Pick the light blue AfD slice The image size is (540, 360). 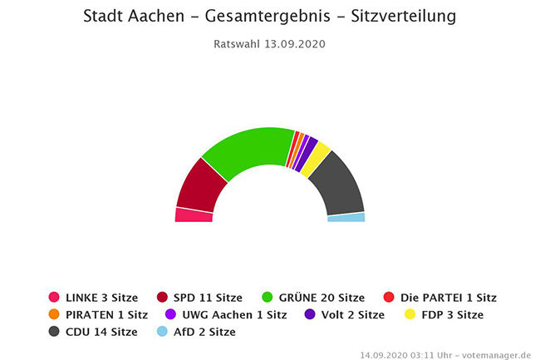[x=346, y=217]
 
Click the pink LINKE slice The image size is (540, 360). [x=194, y=215]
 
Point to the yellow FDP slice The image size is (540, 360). [x=315, y=159]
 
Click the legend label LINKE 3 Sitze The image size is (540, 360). [x=101, y=297]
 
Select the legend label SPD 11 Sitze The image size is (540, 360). [x=208, y=297]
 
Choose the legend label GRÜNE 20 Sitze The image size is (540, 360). [x=321, y=297]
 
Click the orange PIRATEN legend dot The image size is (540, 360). [x=54, y=314]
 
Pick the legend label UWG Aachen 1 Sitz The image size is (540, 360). [x=233, y=314]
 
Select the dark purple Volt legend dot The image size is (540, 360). [x=310, y=314]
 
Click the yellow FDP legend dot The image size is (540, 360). [x=410, y=314]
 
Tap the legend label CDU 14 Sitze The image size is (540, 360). [x=101, y=332]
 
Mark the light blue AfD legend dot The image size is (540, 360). [x=162, y=332]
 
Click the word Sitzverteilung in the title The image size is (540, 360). [x=404, y=17]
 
